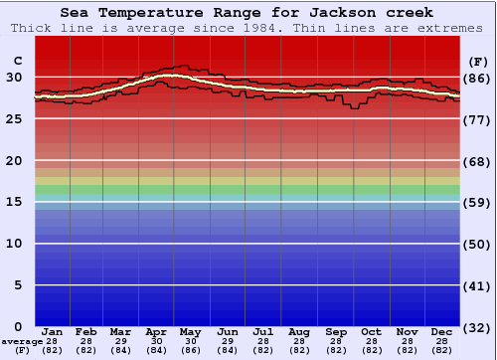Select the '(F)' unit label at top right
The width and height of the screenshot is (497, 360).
[x=477, y=61]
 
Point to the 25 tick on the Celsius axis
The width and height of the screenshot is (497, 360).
[x=15, y=119]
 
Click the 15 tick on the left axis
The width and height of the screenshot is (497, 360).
[x=15, y=202]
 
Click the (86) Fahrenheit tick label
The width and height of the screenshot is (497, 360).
[x=477, y=78]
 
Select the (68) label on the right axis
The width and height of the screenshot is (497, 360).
[x=477, y=161]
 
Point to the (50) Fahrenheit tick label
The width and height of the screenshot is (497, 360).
[x=477, y=244]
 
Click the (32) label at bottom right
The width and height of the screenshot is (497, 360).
[x=477, y=327]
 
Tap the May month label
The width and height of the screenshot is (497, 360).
[x=192, y=331]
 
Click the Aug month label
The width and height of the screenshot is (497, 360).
[x=298, y=331]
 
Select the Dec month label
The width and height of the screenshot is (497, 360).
[x=441, y=331]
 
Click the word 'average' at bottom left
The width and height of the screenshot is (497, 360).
[x=22, y=341]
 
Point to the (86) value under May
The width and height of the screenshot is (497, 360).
[x=192, y=350]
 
